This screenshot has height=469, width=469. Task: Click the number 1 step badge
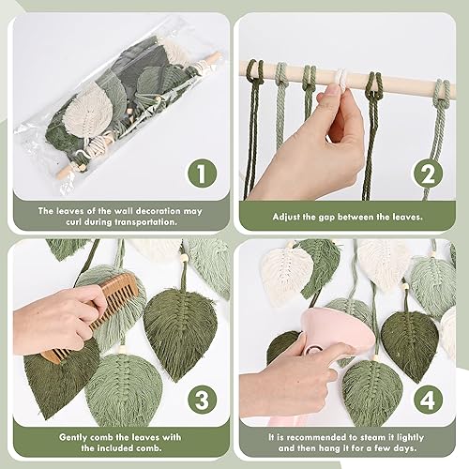(202, 173)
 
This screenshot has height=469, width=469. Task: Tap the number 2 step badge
(429, 173)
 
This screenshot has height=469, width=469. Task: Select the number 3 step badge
(202, 400)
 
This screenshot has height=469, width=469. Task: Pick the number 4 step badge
(429, 400)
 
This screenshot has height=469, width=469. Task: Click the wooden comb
(94, 316)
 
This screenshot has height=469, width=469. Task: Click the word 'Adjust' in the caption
(285, 217)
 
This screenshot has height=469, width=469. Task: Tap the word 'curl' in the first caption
(73, 222)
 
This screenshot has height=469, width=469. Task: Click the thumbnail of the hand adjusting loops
(345, 122)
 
